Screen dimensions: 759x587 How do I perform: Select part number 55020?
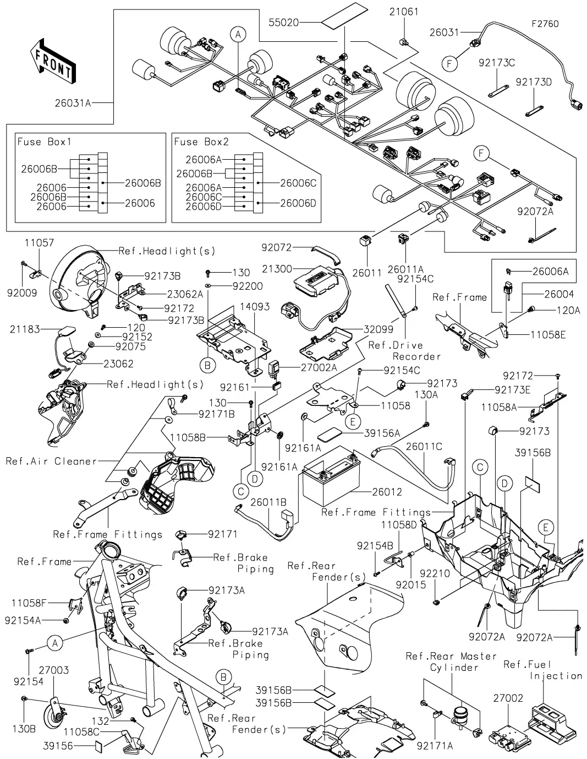[283, 23]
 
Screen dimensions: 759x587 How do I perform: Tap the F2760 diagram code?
[545, 24]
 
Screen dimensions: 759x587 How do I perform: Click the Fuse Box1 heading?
[44, 142]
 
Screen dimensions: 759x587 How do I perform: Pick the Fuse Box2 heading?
[201, 142]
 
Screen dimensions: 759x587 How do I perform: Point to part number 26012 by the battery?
[387, 492]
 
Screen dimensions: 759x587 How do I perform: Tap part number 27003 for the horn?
[53, 670]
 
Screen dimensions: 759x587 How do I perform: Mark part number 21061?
[404, 12]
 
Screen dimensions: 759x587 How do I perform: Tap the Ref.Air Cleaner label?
[51, 461]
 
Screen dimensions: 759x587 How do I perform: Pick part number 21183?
[25, 329]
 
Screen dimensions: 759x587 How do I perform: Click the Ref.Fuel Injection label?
[542, 670]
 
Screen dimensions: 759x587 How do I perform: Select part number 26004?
[559, 295]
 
